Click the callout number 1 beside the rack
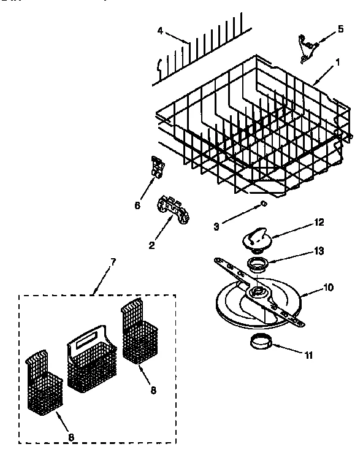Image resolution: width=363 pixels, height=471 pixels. (337, 62)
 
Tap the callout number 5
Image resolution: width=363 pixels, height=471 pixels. (341, 28)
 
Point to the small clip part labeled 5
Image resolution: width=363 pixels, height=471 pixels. (307, 48)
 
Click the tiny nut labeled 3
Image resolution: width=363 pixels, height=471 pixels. (264, 203)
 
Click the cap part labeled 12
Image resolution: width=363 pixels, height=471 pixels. (258, 236)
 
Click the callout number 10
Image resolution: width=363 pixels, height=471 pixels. (329, 287)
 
